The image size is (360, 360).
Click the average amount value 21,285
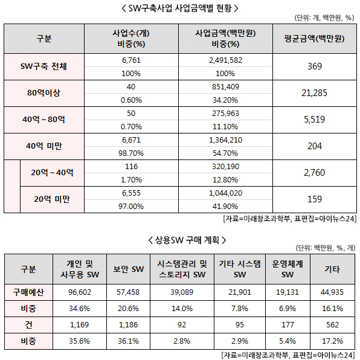pos(314,93)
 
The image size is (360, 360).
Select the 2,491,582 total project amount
pos(225,60)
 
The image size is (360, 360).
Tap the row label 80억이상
pos(43,93)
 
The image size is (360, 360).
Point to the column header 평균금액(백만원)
pos(314,39)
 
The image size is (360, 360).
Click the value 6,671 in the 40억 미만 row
pos(131,140)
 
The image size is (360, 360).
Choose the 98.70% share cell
pos(131,153)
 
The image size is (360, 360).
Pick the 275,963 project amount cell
pos(225,113)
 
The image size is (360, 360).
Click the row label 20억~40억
pos(52,172)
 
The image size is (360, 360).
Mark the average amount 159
pos(315,199)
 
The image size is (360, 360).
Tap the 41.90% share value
pos(225,206)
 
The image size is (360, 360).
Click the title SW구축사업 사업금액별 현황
pos(180,8)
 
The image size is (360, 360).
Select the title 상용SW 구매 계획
pos(187,240)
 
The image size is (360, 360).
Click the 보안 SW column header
pos(128,269)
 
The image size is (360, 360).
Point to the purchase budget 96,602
pos(80,292)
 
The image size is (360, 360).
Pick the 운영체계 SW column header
pos(288,269)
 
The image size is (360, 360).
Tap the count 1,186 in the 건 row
pos(128,324)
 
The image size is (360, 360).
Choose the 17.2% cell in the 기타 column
pos(332,341)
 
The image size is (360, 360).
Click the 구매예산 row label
pos(28,292)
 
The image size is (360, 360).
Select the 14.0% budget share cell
pos(182,308)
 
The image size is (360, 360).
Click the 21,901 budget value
pos(240,292)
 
